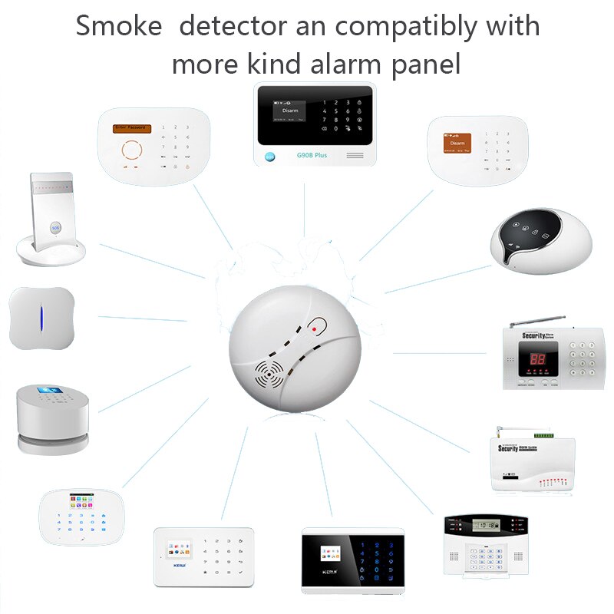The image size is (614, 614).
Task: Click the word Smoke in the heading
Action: pyautogui.click(x=119, y=25)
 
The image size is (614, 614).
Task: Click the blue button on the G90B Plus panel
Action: pyautogui.click(x=269, y=156)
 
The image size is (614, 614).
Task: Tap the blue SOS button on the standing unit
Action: pyautogui.click(x=54, y=228)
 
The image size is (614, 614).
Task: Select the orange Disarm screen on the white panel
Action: pyautogui.click(x=458, y=143)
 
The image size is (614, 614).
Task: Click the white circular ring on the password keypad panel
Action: pyautogui.click(x=135, y=149)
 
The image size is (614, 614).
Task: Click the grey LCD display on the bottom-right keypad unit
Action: pyautogui.click(x=484, y=527)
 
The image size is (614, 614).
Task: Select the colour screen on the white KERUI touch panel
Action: pyautogui.click(x=177, y=550)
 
